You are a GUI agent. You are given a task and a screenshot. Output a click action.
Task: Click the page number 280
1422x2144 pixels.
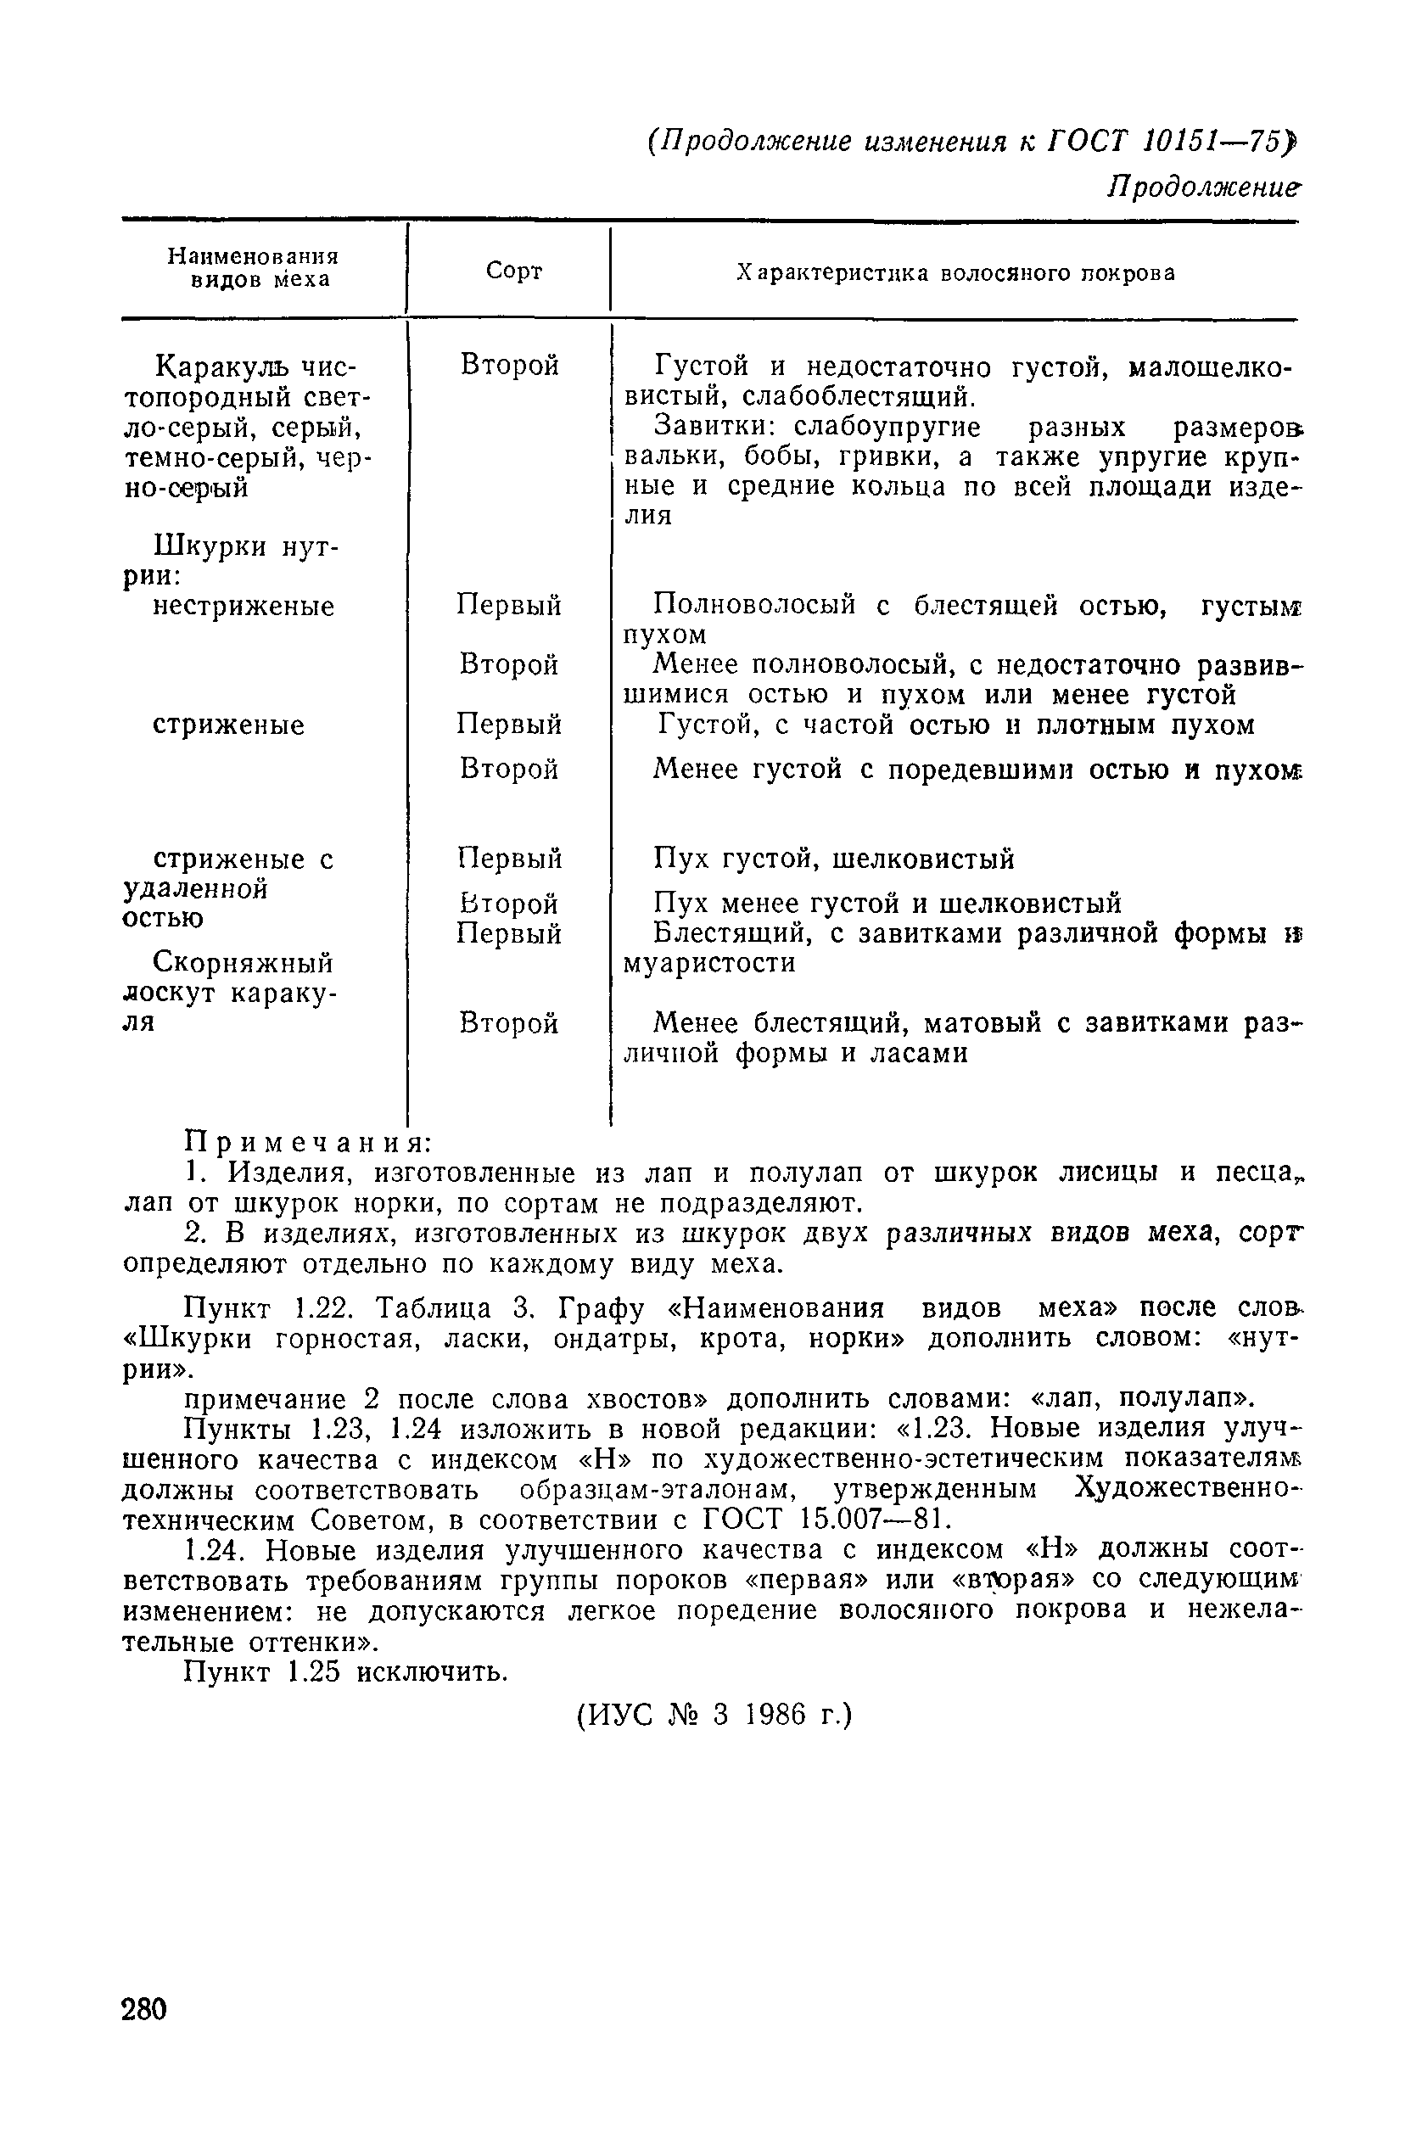point(144,2009)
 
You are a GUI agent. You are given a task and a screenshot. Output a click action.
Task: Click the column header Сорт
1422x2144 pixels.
point(513,271)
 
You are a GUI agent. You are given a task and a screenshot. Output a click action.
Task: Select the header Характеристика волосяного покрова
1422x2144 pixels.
point(955,273)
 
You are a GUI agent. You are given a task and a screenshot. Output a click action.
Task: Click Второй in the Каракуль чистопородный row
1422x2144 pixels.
point(510,366)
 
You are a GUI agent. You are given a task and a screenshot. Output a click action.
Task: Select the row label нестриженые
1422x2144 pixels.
point(243,606)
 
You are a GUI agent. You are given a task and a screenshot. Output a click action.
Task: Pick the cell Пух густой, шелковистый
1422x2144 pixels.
point(833,858)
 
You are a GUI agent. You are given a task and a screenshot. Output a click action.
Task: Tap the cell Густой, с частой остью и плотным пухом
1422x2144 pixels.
point(953,725)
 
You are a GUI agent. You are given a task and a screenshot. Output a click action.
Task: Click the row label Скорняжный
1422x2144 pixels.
point(243,961)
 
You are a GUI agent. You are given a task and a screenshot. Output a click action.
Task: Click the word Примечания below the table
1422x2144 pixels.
point(307,1141)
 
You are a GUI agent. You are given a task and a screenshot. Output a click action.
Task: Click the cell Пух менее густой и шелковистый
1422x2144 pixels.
point(887,904)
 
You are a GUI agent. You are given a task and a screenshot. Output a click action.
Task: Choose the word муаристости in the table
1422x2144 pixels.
point(709,962)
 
